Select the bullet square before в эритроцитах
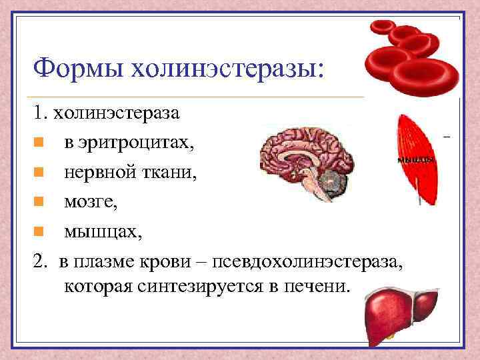pyautogui.click(x=40, y=143)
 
